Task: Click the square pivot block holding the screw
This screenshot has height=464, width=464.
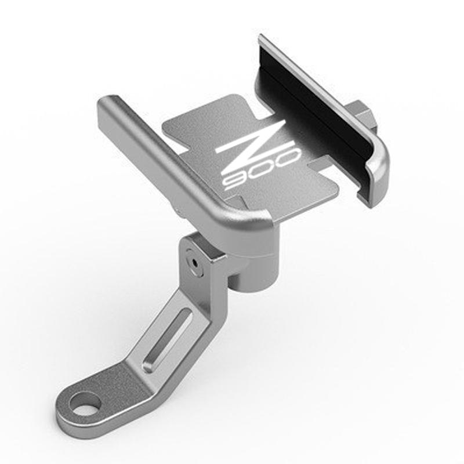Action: pos(203,258)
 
